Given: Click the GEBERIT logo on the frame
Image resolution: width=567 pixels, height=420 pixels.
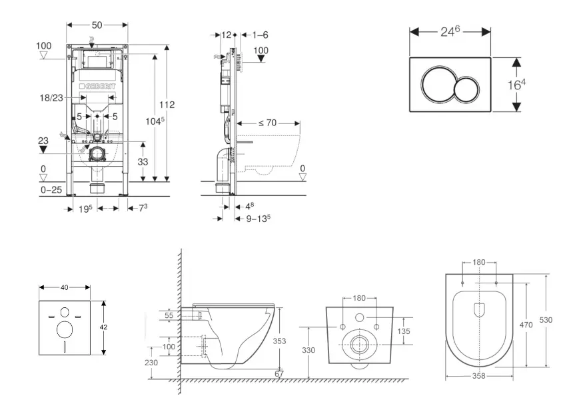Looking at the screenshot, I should [x=98, y=87].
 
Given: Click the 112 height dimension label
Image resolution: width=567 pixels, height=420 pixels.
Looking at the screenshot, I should [x=167, y=105].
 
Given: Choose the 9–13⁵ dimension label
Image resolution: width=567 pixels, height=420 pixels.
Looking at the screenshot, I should [x=258, y=218].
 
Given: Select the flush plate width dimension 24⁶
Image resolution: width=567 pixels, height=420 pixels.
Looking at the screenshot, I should [x=450, y=31].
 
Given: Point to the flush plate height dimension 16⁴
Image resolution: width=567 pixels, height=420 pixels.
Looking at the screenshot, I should [x=536, y=85].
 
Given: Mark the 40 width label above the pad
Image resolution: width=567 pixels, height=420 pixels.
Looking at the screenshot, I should [x=64, y=287].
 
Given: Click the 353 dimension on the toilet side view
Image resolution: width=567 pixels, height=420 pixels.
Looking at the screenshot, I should [x=281, y=341].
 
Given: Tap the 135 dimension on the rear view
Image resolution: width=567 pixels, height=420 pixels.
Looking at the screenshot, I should [x=404, y=331].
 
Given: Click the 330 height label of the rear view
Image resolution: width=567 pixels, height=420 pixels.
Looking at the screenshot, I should [x=308, y=350].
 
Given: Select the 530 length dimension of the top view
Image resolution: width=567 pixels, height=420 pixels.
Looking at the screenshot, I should [x=546, y=320].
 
